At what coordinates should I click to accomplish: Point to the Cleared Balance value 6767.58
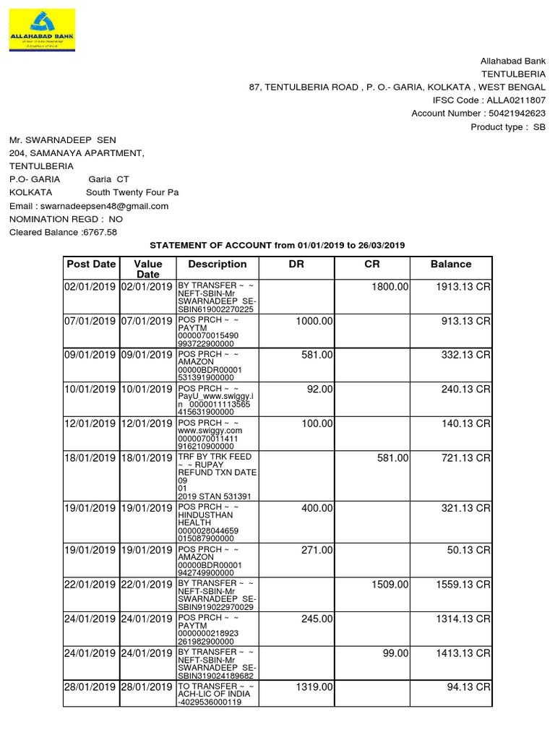coord(100,232)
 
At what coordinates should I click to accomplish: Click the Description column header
coord(217,264)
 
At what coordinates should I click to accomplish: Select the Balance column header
coord(450,264)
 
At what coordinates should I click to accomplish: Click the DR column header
coord(296,264)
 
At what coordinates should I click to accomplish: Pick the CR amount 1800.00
coord(390,287)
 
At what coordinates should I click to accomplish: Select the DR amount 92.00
coord(319,389)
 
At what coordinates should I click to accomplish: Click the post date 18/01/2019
coord(90,457)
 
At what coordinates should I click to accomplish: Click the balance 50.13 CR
coord(469,551)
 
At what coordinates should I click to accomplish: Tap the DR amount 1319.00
coord(314,687)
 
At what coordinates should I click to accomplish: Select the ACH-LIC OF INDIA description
coord(213,693)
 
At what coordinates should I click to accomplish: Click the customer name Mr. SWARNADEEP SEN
coord(62,139)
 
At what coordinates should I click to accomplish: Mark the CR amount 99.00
coord(396,653)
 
